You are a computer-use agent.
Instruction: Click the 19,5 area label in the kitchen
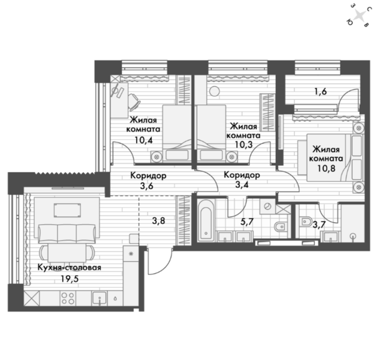70,279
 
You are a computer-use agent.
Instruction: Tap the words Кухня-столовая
69,267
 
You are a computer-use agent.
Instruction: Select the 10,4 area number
143,140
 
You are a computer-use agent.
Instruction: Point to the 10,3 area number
244,145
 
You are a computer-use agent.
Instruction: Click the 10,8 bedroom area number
326,168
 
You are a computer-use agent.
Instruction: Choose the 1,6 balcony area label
321,92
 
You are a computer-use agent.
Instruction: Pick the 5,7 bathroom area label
247,222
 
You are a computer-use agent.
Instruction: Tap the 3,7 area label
319,225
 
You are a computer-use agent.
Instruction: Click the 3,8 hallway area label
159,220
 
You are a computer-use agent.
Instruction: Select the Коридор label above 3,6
148,175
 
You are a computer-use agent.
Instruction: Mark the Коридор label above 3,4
242,175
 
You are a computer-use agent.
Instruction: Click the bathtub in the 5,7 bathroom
206,220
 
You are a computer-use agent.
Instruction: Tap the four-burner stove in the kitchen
67,298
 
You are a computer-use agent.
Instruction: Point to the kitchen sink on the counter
99,298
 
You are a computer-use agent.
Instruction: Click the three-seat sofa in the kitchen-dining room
67,234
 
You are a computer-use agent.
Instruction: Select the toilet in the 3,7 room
306,221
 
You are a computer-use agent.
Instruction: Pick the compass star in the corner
360,16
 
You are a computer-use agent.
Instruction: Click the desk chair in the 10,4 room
134,102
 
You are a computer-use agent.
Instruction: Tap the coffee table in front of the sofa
67,210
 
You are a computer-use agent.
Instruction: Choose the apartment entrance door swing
160,262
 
